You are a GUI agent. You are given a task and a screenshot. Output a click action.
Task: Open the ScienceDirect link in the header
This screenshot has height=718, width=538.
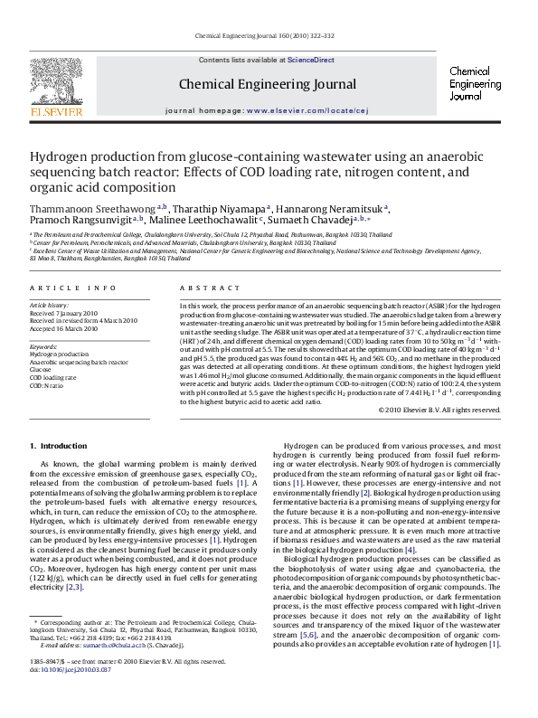311,60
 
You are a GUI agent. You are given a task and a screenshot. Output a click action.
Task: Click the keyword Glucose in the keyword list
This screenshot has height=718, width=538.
42,369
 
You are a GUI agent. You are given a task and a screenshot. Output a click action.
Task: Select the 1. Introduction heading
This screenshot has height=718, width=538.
60,446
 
